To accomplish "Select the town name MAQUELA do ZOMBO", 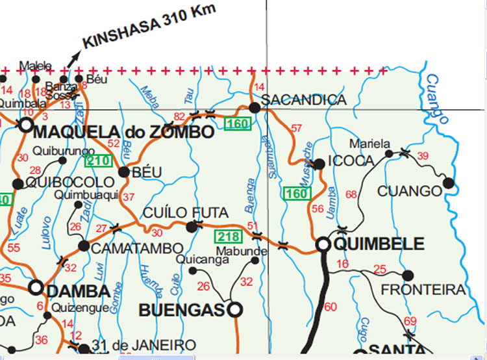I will pyautogui.click(x=123, y=133).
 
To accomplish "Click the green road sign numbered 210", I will pyautogui.click(x=98, y=160).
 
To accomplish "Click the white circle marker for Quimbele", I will pyautogui.click(x=323, y=244).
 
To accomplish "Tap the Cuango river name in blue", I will pyautogui.click(x=436, y=97).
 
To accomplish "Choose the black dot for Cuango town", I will pyautogui.click(x=447, y=184).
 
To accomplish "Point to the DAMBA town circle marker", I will pyautogui.click(x=36, y=288).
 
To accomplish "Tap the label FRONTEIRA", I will pyautogui.click(x=432, y=289).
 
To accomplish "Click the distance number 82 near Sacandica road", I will pyautogui.click(x=180, y=116).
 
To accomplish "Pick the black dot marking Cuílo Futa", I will pyautogui.click(x=191, y=227).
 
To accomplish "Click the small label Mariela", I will pyautogui.click(x=369, y=144).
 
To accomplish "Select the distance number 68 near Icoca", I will pyautogui.click(x=351, y=194).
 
